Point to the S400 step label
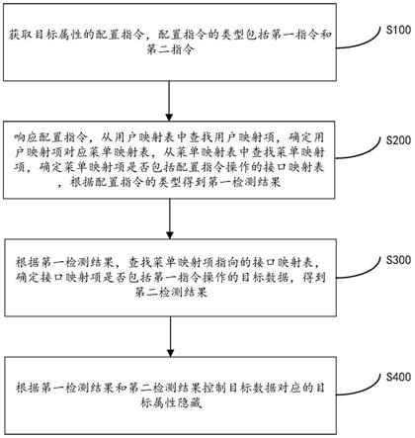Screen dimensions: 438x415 (394, 376)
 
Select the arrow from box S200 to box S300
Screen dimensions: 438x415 (174, 212)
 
